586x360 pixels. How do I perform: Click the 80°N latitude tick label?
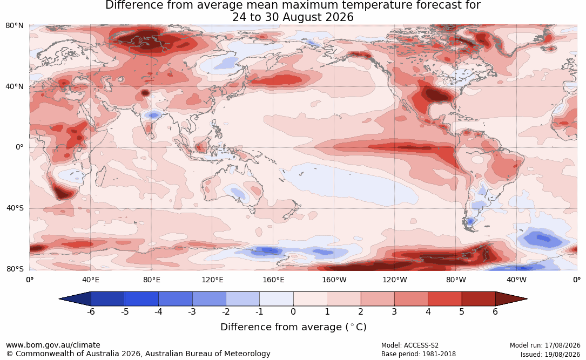(14, 26)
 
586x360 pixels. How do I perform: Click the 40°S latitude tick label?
(15, 208)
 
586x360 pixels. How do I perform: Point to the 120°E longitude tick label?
(212, 280)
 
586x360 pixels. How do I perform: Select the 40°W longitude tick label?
(516, 280)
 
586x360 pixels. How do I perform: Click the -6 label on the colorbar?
(91, 311)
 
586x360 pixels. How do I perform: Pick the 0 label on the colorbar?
(293, 311)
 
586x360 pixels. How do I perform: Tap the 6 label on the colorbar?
(495, 311)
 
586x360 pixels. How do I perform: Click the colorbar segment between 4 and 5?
(444, 299)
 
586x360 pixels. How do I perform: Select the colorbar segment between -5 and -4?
(142, 299)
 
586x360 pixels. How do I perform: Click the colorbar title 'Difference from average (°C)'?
(293, 327)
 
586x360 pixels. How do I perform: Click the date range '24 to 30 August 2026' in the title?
(293, 17)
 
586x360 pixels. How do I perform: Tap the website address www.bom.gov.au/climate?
(53, 345)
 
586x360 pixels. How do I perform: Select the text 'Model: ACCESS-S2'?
(409, 345)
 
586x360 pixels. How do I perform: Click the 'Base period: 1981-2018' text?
(418, 354)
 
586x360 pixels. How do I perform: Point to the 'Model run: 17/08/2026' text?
(545, 345)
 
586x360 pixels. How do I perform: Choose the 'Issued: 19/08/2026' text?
(550, 354)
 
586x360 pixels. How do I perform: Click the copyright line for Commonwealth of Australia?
(138, 354)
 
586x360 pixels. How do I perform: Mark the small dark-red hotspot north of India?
(145, 93)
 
